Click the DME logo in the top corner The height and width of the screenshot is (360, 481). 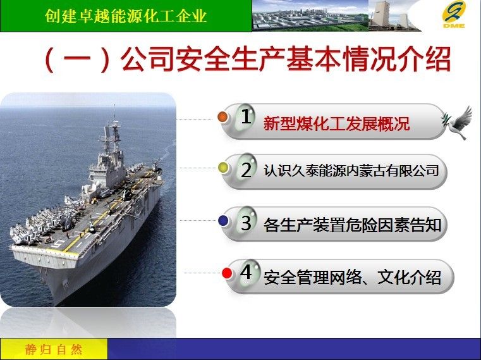coord(454,15)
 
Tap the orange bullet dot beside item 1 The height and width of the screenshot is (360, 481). coord(222,116)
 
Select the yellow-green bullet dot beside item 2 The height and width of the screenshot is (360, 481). coord(223,168)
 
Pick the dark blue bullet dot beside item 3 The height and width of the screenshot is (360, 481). coord(223,220)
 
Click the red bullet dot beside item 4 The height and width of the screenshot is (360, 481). coord(227,273)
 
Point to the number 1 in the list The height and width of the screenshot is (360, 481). coord(246,116)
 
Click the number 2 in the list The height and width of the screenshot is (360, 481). coord(247,170)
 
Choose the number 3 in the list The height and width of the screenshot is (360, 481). coord(247,222)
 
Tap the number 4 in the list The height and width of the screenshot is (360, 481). coord(247,272)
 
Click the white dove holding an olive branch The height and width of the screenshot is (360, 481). coord(457,122)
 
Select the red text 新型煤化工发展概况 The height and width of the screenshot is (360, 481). coord(336,123)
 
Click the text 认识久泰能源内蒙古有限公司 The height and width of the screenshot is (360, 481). coord(351,171)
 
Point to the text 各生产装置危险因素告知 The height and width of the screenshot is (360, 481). coord(353,225)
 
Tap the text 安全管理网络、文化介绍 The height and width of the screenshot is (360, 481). coord(353,277)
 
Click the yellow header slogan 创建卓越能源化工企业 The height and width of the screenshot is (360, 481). coord(126,16)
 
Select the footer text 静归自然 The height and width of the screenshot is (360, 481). coord(54,349)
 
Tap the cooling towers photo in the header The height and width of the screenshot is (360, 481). coord(395,15)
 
